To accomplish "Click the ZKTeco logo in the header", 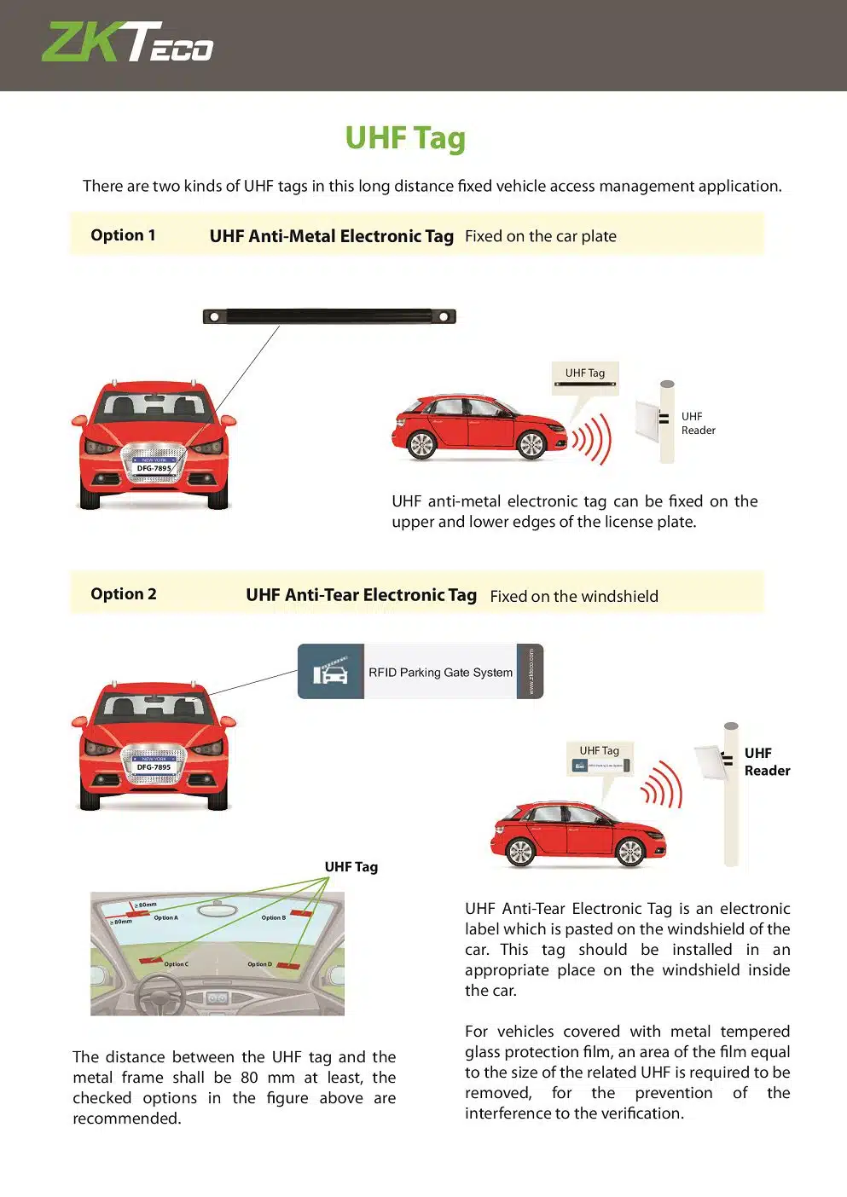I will click(x=128, y=43).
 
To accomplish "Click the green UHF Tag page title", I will click(x=405, y=138).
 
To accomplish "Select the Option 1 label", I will click(x=123, y=235).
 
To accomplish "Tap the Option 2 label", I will click(x=124, y=594).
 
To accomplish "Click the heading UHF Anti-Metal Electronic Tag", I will click(x=331, y=236).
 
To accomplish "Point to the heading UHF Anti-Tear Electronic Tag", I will click(x=361, y=595).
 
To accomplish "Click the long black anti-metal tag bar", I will click(x=329, y=316).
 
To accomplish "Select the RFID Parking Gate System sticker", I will click(x=421, y=672).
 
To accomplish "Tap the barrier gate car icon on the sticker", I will click(x=331, y=672).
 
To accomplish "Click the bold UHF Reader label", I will click(x=767, y=761).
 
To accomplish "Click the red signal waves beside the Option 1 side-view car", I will click(x=593, y=439).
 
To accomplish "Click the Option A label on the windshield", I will click(x=165, y=918).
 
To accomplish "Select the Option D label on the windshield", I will click(x=259, y=964).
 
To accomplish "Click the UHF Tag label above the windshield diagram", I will click(x=351, y=866).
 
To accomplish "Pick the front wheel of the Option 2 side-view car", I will click(x=629, y=851).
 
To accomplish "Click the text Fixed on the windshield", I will click(x=574, y=596).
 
